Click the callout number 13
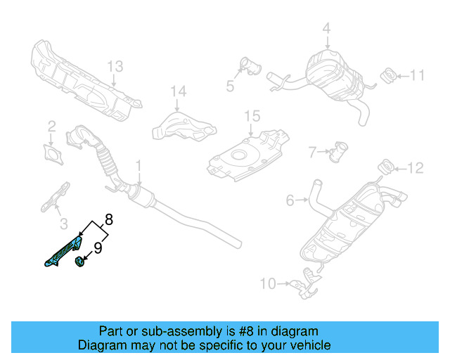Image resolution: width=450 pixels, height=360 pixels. tap(115, 67)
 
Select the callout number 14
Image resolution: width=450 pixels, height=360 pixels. tap(179, 91)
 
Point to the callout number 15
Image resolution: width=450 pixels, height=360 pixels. tap(252, 115)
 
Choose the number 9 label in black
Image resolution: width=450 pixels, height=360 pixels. tap(98, 247)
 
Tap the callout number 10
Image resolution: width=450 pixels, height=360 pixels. tap(268, 284)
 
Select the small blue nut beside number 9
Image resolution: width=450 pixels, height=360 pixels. tap(79, 262)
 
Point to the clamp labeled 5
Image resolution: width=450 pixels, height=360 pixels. tap(248, 67)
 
